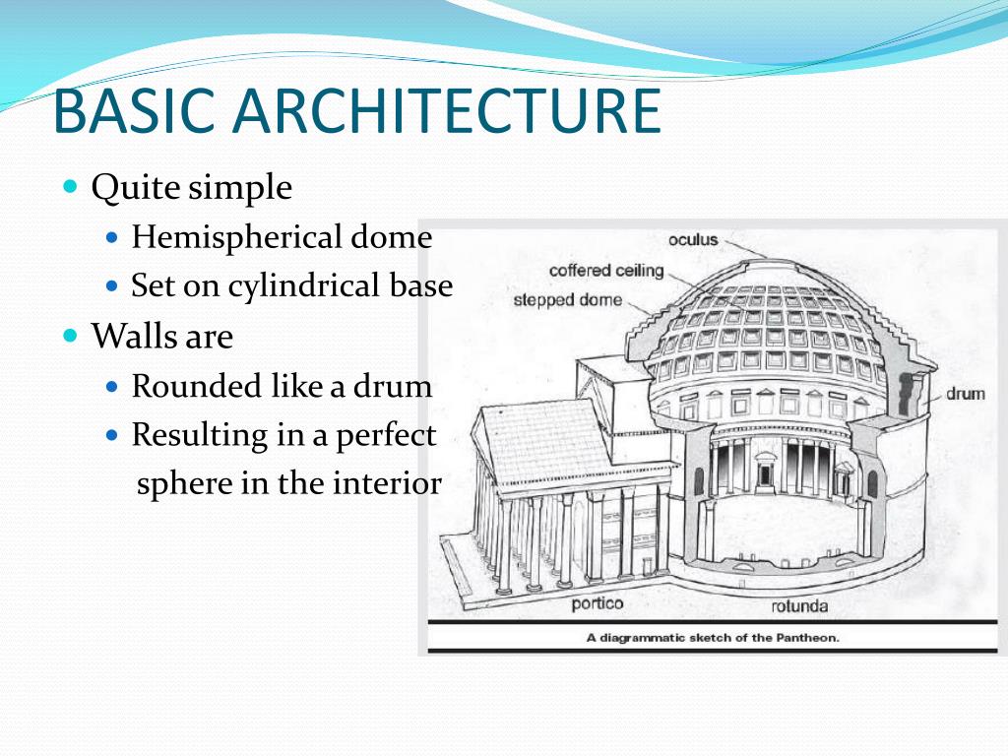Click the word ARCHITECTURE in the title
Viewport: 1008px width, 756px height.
point(442,111)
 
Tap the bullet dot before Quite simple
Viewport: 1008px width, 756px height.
point(70,186)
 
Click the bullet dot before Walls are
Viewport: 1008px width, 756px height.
point(70,336)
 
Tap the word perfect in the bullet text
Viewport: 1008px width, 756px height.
point(386,435)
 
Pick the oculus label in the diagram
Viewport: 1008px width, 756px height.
point(693,240)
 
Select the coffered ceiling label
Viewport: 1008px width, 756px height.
point(606,270)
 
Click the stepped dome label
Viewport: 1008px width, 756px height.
point(568,299)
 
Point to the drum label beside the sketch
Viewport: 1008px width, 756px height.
point(965,394)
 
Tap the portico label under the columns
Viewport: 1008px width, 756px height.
point(598,602)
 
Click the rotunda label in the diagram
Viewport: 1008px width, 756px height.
point(799,605)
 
